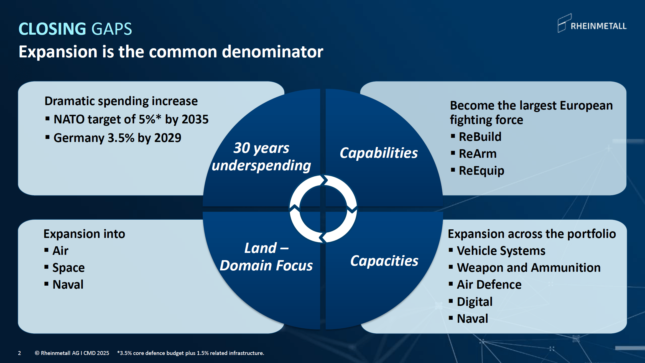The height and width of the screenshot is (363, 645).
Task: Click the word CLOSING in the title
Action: pos(52,29)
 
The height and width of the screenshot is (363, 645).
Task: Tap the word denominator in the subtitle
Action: pos(272,52)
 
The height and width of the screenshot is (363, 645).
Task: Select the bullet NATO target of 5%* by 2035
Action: pos(131,120)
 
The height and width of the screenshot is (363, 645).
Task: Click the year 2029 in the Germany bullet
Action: pos(167,138)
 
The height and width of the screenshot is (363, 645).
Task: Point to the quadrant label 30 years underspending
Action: pos(261,157)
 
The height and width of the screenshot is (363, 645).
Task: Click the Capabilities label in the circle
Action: pos(379,153)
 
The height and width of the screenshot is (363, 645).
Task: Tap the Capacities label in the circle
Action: pos(384,261)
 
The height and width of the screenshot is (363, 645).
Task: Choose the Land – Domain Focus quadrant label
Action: pos(266,257)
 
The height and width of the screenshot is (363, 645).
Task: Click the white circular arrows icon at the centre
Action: pos(323,209)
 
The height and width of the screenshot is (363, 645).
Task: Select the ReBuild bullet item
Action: pos(480,137)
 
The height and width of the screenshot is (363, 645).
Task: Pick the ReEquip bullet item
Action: pos(481,171)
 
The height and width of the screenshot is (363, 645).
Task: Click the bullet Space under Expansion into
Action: pos(68,268)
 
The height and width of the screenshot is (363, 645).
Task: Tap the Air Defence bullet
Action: pos(489,285)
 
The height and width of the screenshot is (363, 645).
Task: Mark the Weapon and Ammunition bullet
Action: pos(528,268)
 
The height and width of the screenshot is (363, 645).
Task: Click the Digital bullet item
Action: pos(475,302)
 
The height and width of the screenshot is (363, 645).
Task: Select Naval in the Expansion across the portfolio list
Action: pos(472,319)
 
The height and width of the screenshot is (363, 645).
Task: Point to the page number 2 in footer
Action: pos(19,353)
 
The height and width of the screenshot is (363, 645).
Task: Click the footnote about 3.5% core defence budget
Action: pos(190,353)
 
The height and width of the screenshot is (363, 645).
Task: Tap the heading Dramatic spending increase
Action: pos(121,101)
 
